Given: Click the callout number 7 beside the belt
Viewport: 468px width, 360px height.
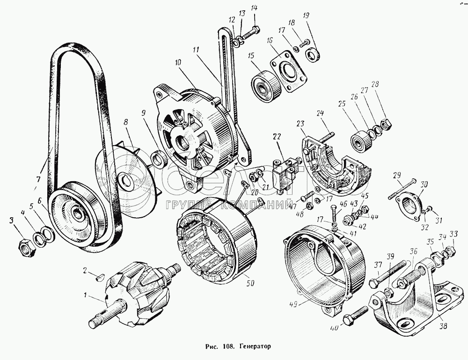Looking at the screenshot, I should [38, 179].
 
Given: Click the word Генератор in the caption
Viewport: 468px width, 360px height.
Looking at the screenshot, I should [255, 347].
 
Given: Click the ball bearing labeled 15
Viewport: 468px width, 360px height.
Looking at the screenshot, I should [266, 87].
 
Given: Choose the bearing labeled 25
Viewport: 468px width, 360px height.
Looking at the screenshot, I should [361, 140].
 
